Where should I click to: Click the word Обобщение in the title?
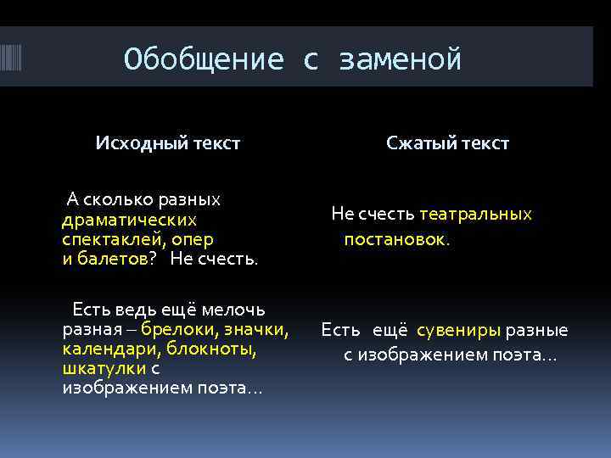[203, 59]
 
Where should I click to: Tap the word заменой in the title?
[400, 59]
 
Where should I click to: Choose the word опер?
[193, 239]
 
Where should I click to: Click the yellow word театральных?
[475, 214]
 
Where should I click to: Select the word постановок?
[395, 239]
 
